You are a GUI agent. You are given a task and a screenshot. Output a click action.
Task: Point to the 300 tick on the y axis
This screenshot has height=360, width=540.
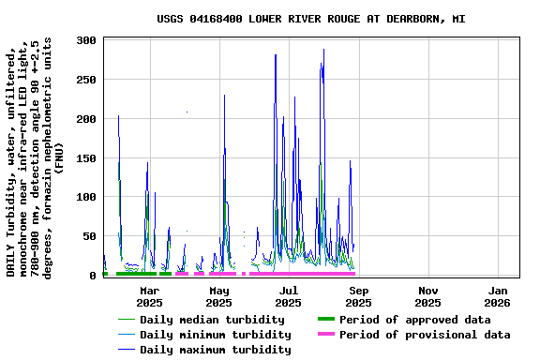point(86,40)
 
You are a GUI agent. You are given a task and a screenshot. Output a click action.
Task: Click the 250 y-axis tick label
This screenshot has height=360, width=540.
point(86,80)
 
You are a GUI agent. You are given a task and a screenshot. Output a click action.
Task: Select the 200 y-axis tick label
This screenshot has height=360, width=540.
point(86,119)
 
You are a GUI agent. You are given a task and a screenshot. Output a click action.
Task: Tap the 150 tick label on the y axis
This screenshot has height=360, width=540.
point(86,158)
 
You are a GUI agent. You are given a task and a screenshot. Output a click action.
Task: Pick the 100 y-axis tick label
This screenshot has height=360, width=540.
point(86,197)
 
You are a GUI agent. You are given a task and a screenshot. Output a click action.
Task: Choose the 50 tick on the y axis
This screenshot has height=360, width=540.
point(90,236)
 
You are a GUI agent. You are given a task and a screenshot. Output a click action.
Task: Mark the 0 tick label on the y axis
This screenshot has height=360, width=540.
point(93,276)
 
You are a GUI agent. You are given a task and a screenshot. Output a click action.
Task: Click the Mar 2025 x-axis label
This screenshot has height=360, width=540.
point(149,296)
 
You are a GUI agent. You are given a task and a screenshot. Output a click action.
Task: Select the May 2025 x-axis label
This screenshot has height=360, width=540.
point(218,296)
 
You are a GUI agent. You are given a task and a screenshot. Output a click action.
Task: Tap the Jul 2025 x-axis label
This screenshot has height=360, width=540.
point(289,296)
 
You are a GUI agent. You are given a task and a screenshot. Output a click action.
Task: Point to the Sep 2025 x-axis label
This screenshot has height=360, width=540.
point(358,296)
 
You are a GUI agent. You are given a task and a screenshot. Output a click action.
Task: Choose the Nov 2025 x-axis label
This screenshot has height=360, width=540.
point(427,296)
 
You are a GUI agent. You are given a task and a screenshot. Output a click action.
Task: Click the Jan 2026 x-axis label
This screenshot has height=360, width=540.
point(497,296)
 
